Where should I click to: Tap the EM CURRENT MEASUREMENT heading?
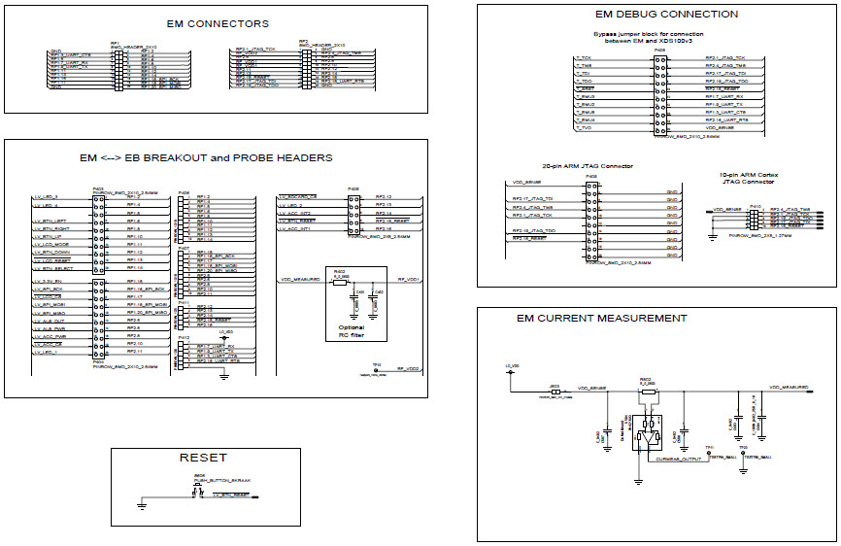pyautogui.click(x=601, y=318)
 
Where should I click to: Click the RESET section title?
pyautogui.click(x=203, y=458)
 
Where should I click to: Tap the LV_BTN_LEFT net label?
pyautogui.click(x=49, y=221)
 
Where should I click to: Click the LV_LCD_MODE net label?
pyautogui.click(x=50, y=244)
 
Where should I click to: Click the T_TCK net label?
pyautogui.click(x=583, y=58)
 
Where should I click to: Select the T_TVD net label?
pyautogui.click(x=583, y=128)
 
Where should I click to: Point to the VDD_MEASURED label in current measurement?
pyautogui.click(x=790, y=387)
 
